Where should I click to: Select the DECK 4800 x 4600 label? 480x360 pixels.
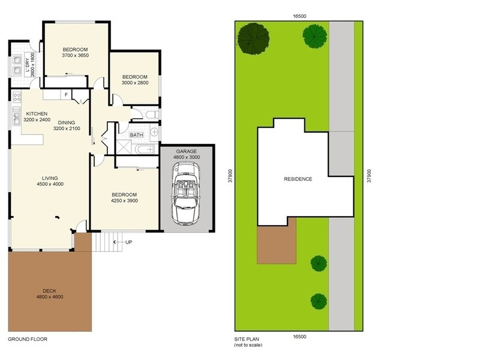click(x=50, y=293)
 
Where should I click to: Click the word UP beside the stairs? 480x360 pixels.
click(x=128, y=242)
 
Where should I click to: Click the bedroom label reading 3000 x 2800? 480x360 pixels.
click(x=135, y=80)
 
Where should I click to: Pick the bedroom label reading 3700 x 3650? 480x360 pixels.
click(x=75, y=52)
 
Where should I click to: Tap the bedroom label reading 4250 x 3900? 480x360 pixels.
click(x=124, y=198)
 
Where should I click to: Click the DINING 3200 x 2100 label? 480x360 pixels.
click(x=67, y=125)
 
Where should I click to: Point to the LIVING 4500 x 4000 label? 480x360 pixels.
click(x=50, y=181)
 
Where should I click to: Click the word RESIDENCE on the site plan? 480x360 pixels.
click(x=298, y=179)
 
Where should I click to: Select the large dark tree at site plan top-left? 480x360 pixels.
click(x=253, y=38)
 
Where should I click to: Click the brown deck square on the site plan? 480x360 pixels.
click(x=276, y=244)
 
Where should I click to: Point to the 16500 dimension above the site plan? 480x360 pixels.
click(x=300, y=17)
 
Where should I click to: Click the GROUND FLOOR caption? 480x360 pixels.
click(x=27, y=339)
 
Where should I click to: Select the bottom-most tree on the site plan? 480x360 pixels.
click(x=319, y=301)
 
